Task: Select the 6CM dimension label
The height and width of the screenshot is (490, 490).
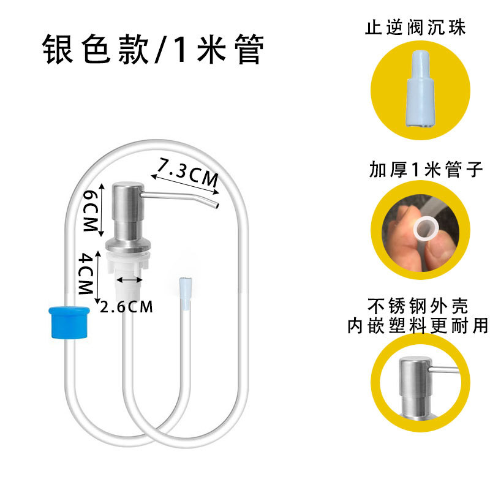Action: click(90, 210)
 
